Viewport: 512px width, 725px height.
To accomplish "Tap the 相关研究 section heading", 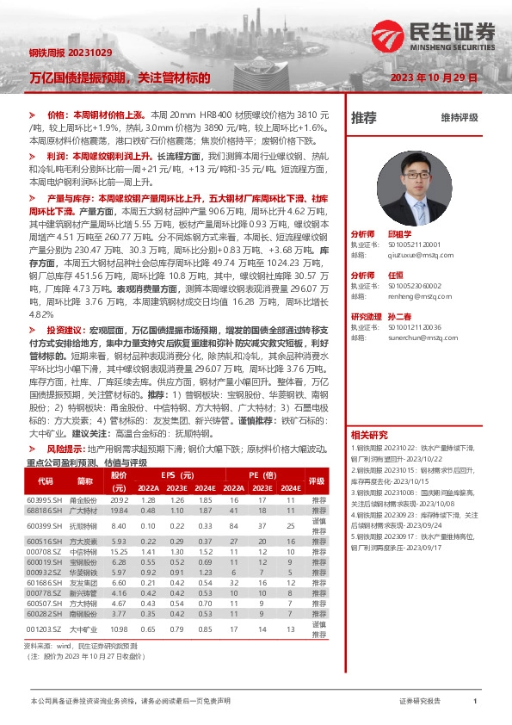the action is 370,435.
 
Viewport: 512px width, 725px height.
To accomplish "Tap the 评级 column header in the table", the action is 318,481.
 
